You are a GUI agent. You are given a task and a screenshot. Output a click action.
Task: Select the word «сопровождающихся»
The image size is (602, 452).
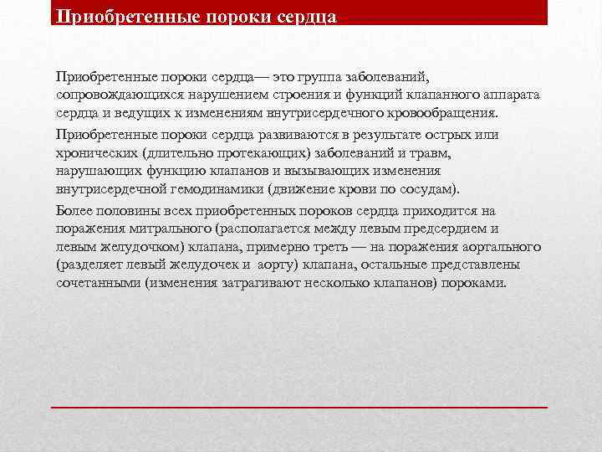(x=106, y=95)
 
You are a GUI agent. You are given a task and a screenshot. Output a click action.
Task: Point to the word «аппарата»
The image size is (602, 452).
(x=512, y=95)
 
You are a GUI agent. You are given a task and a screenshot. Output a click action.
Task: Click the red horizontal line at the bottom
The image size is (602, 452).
(x=299, y=406)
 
